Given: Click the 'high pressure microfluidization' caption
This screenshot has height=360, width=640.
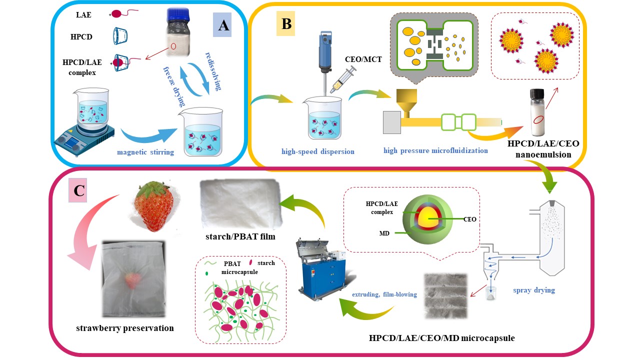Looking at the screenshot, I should tap(435, 150).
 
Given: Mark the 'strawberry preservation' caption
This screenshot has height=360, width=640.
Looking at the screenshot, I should tap(125, 328).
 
